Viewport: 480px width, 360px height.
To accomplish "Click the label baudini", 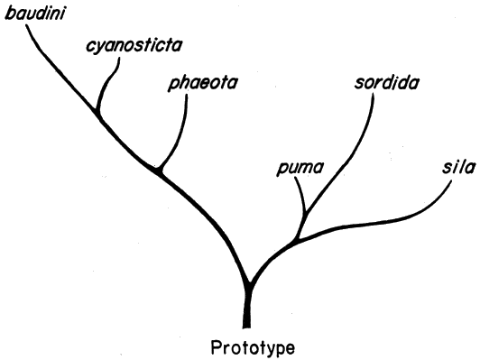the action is pos(35,14).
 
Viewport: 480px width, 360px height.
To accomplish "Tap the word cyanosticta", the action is pos(134,46).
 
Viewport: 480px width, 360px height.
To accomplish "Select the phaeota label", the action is pos(203,83).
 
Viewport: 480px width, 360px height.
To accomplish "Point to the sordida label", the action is pos(387,82).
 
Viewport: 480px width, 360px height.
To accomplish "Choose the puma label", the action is pos(300,168).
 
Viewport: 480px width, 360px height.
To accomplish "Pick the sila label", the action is pos(458,167).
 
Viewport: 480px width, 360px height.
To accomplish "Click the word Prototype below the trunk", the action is pos(253,347).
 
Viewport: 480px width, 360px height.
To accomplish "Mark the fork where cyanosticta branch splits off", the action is pos(98,114).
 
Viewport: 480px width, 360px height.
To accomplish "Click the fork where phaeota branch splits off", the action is pos(159,171).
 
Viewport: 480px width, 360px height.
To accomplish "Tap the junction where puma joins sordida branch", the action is pos(305,212).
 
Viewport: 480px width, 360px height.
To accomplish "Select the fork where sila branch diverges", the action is pos(296,239).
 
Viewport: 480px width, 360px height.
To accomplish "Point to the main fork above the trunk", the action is pos(250,285).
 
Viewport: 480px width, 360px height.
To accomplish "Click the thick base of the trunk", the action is pos(246,321).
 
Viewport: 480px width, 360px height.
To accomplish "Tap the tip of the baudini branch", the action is pos(25,24).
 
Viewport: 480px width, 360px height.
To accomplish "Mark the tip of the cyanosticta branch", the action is pos(119,58).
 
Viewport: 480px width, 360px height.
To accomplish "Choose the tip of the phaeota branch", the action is pos(187,95).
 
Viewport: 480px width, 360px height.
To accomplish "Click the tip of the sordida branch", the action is pos(374,92).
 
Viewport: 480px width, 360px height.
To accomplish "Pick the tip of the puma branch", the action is pos(295,178).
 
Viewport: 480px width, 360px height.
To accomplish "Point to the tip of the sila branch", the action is pos(451,181).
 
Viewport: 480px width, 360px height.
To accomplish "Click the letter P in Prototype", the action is pos(217,347).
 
